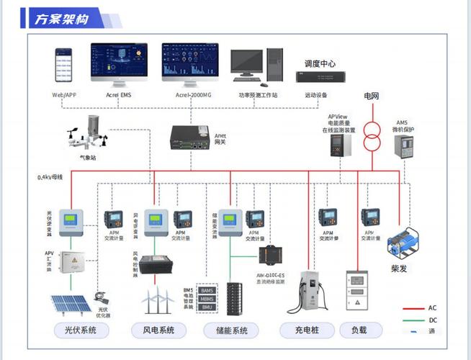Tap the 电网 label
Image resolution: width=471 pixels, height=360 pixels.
click(x=371, y=96)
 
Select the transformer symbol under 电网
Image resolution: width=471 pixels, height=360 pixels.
click(x=372, y=138)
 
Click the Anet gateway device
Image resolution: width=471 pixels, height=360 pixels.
click(x=191, y=137)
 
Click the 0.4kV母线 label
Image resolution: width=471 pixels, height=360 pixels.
click(x=50, y=177)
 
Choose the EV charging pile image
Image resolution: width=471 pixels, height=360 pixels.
click(x=308, y=292)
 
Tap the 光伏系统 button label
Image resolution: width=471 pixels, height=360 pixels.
click(x=81, y=330)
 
